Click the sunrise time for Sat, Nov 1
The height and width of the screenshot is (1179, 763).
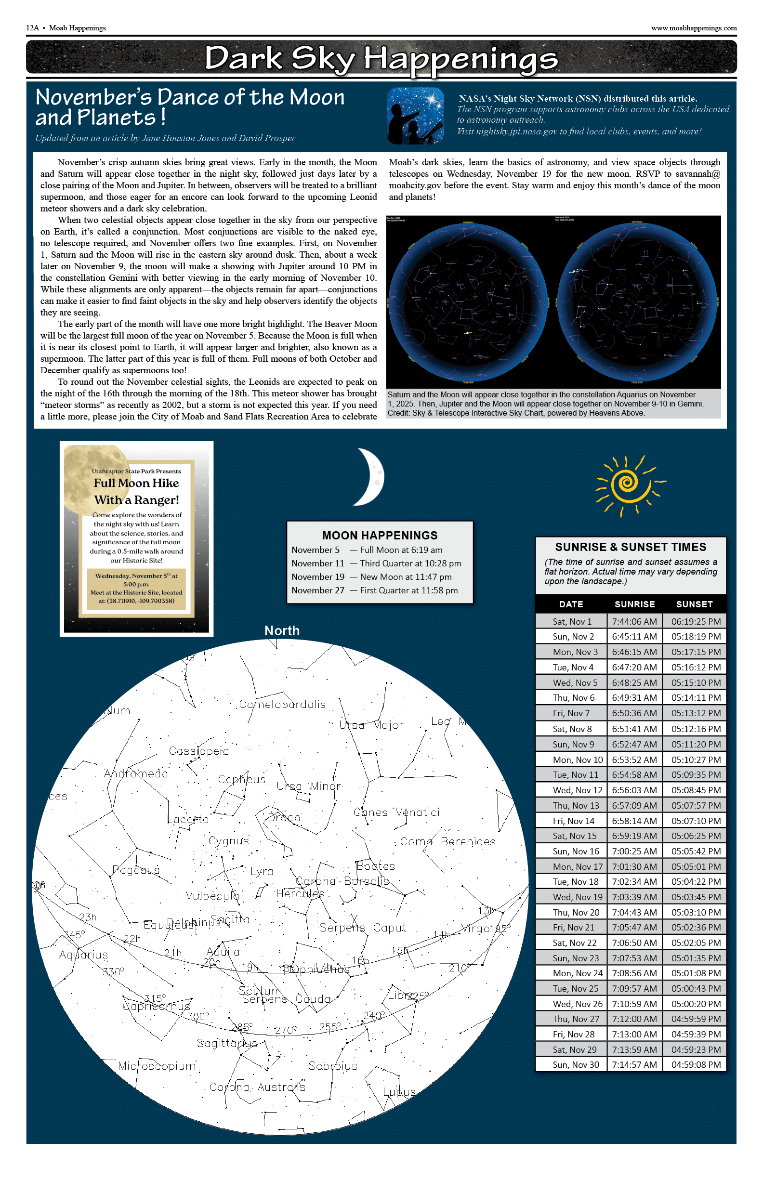pos(634,621)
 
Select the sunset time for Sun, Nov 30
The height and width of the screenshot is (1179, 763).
pos(696,1064)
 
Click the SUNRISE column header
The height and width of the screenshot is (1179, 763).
pos(635,604)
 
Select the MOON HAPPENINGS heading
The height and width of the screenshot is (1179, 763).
pos(380,535)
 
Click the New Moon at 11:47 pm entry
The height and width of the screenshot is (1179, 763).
pos(406,576)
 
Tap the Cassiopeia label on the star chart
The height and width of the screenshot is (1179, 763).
pos(198,751)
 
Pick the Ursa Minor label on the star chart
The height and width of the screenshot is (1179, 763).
pos(308,786)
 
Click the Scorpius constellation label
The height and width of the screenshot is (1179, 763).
pos(333,1065)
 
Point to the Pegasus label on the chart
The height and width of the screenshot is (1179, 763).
pos(136,869)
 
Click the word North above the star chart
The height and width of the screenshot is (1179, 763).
pos(282,630)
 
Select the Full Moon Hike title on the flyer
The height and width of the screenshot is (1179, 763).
pos(136,483)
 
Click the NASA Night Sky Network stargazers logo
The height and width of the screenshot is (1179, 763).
pos(415,116)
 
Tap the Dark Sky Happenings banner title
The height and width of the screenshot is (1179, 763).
pos(381,58)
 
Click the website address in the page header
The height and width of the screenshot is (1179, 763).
pos(694,28)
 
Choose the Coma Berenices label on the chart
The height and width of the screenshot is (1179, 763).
pos(447,841)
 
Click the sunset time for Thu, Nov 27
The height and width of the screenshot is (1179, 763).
pos(696,1019)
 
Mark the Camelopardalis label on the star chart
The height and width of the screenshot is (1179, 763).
pos(282,704)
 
